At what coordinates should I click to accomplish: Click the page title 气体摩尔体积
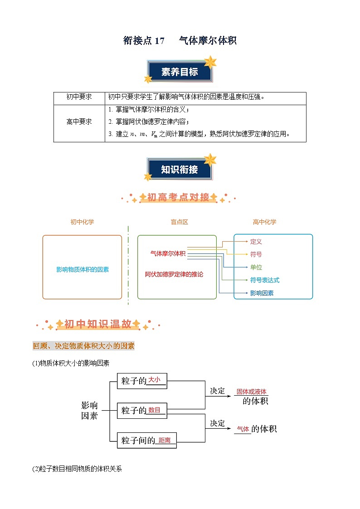[x=208, y=41]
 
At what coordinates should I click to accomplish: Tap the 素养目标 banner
[x=180, y=72]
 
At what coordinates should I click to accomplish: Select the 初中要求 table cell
[x=79, y=97]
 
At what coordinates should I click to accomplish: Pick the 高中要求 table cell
[x=79, y=122]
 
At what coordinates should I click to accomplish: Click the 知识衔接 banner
[x=180, y=170]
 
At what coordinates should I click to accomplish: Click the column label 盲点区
[x=179, y=222]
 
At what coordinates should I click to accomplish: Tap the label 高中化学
[x=264, y=222]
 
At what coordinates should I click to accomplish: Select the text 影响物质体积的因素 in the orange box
[x=83, y=269]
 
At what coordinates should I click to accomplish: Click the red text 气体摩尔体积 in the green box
[x=168, y=254]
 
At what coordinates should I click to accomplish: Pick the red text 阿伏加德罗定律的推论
[x=174, y=275]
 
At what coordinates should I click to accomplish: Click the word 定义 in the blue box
[x=256, y=242]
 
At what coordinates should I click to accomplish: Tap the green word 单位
[x=256, y=267]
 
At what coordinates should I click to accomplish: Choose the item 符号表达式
[x=265, y=280]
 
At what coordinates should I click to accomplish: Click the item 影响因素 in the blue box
[x=262, y=293]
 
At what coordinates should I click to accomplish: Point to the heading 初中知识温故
[x=97, y=325]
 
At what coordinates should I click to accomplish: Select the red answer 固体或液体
[x=252, y=392]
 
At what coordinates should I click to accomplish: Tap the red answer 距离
[x=165, y=441]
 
